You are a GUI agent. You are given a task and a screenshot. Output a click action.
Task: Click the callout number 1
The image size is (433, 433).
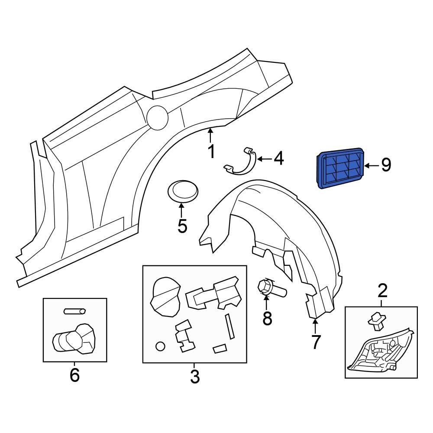(211, 152)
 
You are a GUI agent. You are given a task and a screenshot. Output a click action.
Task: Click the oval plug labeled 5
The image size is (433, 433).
(182, 192)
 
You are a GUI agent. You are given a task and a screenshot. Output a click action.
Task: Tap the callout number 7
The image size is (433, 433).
(316, 342)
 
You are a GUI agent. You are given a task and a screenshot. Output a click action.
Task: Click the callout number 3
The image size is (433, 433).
(194, 376)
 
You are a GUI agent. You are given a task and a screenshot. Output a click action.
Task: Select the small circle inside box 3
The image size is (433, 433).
(160, 346)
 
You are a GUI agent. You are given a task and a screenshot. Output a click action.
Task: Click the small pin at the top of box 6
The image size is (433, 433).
(75, 310)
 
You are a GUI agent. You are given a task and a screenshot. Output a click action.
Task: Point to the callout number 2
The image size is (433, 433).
(382, 291)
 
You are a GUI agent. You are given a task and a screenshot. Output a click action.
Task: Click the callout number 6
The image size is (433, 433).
(74, 375)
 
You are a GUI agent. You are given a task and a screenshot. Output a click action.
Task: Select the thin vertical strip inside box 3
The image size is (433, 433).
(229, 326)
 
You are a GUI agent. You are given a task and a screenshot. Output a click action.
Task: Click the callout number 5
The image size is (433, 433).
(182, 225)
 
